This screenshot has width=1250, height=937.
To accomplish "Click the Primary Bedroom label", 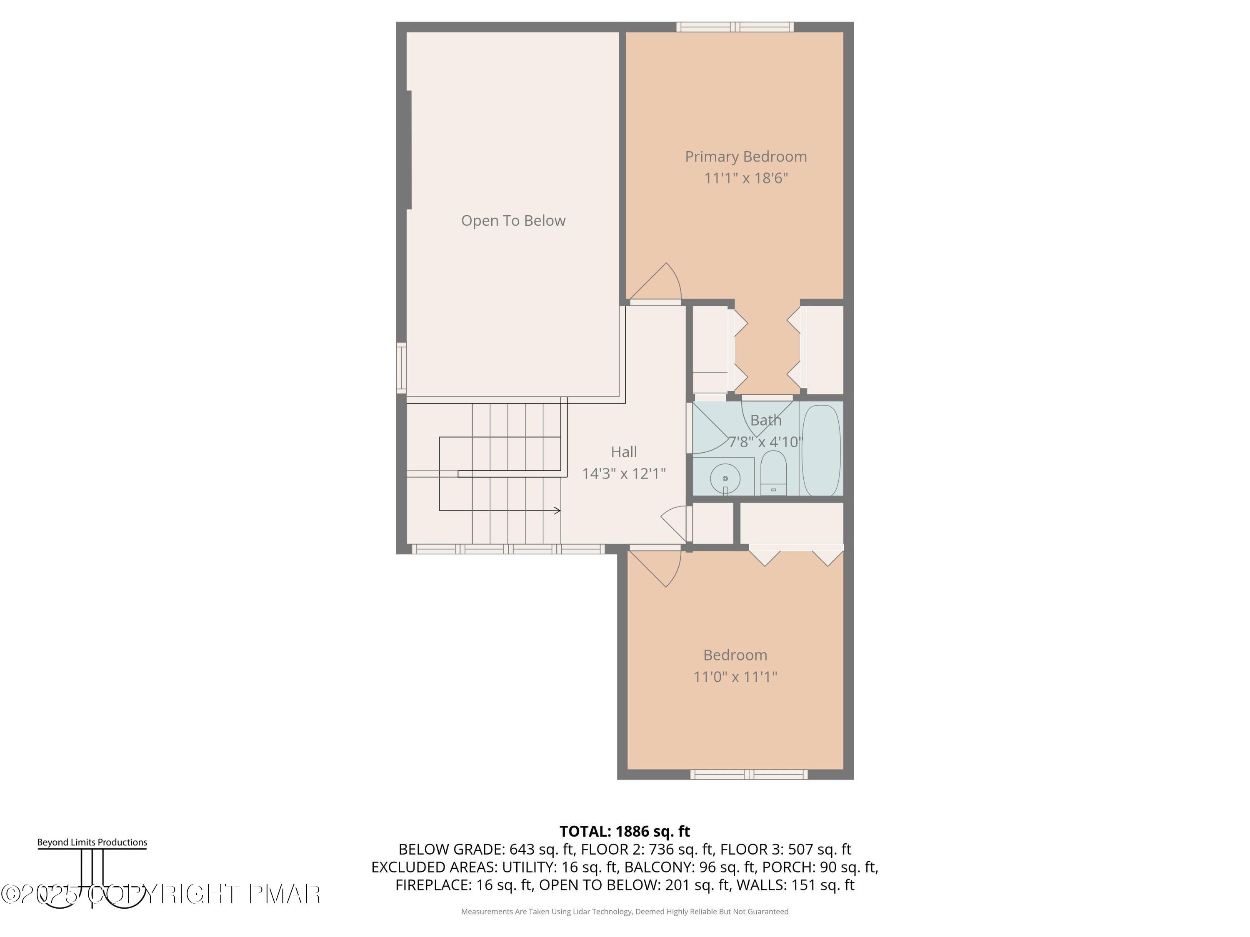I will pyautogui.click(x=745, y=157).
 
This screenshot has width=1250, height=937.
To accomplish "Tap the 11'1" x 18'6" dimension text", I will pyautogui.click(x=745, y=178).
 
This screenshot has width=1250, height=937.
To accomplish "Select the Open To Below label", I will pyautogui.click(x=513, y=220).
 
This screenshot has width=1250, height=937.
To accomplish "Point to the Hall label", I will pyautogui.click(x=624, y=452).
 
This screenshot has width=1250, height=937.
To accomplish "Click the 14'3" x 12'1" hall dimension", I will pyautogui.click(x=624, y=473).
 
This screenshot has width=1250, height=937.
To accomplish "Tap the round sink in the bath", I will pyautogui.click(x=725, y=478).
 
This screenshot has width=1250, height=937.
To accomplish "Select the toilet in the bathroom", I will pyautogui.click(x=773, y=473).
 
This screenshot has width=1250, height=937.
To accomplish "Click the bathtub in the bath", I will pyautogui.click(x=821, y=450).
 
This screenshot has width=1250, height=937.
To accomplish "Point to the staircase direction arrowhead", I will pyautogui.click(x=557, y=511).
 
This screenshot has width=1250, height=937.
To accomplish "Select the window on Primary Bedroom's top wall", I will pyautogui.click(x=735, y=27).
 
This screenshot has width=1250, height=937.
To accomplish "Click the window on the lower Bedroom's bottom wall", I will pyautogui.click(x=748, y=774).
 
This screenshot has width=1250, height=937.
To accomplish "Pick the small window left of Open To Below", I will pyautogui.click(x=401, y=368).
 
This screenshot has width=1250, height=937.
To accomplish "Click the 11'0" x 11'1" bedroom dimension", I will pyautogui.click(x=735, y=677).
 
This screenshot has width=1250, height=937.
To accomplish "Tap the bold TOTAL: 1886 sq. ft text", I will pyautogui.click(x=625, y=831).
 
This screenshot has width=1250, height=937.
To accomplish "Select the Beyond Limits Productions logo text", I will pyautogui.click(x=92, y=842).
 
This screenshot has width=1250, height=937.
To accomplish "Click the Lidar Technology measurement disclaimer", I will pyautogui.click(x=625, y=912).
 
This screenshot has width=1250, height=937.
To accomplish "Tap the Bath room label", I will pyautogui.click(x=766, y=420).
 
